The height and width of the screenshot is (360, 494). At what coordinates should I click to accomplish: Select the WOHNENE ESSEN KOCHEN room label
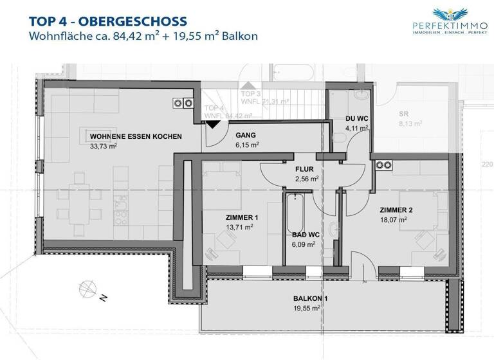[135, 137]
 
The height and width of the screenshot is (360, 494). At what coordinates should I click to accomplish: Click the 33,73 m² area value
[104, 147]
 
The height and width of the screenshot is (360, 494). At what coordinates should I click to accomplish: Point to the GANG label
[246, 136]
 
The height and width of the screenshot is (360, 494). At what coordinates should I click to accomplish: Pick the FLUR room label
[304, 168]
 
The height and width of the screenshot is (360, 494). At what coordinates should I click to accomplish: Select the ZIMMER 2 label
[395, 210]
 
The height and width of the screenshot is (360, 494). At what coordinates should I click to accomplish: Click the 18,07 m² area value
[394, 220]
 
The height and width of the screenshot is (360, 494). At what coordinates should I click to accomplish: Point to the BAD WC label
[302, 235]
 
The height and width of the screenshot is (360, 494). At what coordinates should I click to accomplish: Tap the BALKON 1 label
[307, 298]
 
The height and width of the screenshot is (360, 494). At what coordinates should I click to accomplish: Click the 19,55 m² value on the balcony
[307, 308]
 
